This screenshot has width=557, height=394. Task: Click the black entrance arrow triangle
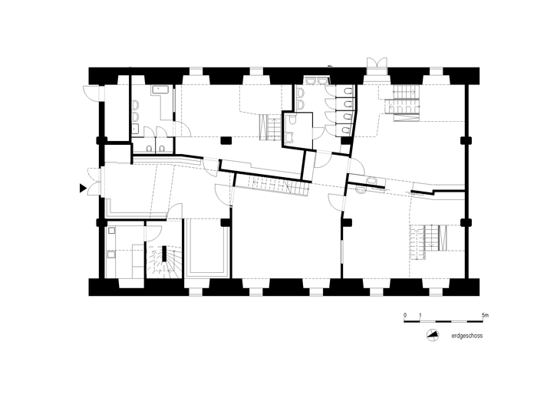click(x=83, y=188)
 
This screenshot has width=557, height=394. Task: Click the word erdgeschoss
click(x=466, y=336)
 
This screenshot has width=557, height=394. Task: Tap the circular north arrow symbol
click(x=433, y=335)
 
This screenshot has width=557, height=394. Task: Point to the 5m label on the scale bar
click(x=485, y=315)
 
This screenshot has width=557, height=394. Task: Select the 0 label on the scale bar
click(x=405, y=315)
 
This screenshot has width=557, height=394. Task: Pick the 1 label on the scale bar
click(x=420, y=315)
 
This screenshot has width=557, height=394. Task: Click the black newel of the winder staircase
click(x=164, y=254)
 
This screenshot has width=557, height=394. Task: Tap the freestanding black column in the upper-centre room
click(x=226, y=140)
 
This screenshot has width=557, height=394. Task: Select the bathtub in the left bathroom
click(x=160, y=89)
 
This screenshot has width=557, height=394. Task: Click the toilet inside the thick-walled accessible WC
click(x=292, y=120)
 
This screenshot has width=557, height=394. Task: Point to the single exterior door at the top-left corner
click(x=91, y=93)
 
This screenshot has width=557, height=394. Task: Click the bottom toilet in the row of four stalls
click(x=346, y=129)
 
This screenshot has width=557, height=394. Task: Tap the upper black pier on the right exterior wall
click(x=466, y=140)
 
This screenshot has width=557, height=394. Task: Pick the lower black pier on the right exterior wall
click(x=466, y=222)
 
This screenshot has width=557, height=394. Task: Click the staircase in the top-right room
click(x=404, y=103)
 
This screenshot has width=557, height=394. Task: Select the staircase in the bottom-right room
click(x=428, y=242)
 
